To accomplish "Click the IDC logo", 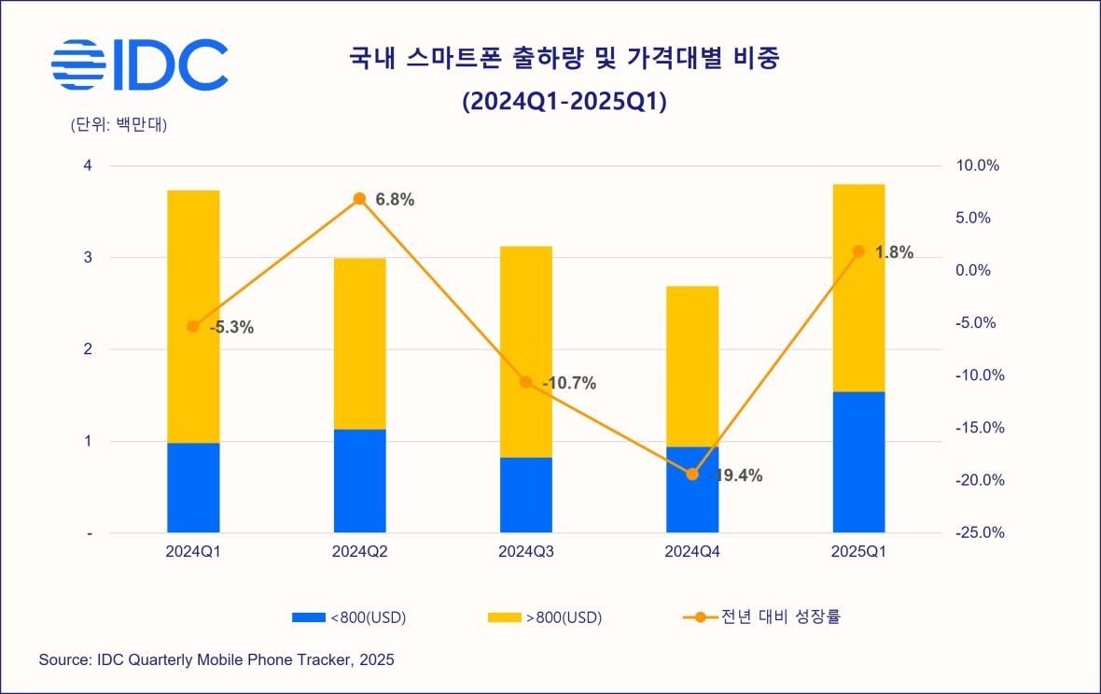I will [x=139, y=64].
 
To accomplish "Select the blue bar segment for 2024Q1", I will [x=193, y=488].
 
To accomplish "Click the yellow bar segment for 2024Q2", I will [x=359, y=343].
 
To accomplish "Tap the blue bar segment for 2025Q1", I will [x=858, y=461].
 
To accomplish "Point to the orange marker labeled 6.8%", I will [x=359, y=199].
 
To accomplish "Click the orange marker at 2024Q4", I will [x=692, y=474].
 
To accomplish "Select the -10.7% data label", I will [x=568, y=383].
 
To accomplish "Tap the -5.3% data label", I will [x=231, y=328].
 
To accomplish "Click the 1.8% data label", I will [x=893, y=252].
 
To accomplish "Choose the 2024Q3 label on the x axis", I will [x=525, y=552].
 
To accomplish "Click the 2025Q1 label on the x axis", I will [x=858, y=552].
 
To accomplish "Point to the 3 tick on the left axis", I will [x=88, y=258].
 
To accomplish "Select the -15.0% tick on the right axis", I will [x=978, y=428].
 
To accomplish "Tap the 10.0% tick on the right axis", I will [x=978, y=166].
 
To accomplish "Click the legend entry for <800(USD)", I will [x=350, y=617].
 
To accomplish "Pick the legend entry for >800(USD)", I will [x=545, y=617].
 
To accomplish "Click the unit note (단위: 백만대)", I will [x=118, y=125].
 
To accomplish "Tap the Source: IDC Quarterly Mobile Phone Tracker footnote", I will [x=216, y=660].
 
